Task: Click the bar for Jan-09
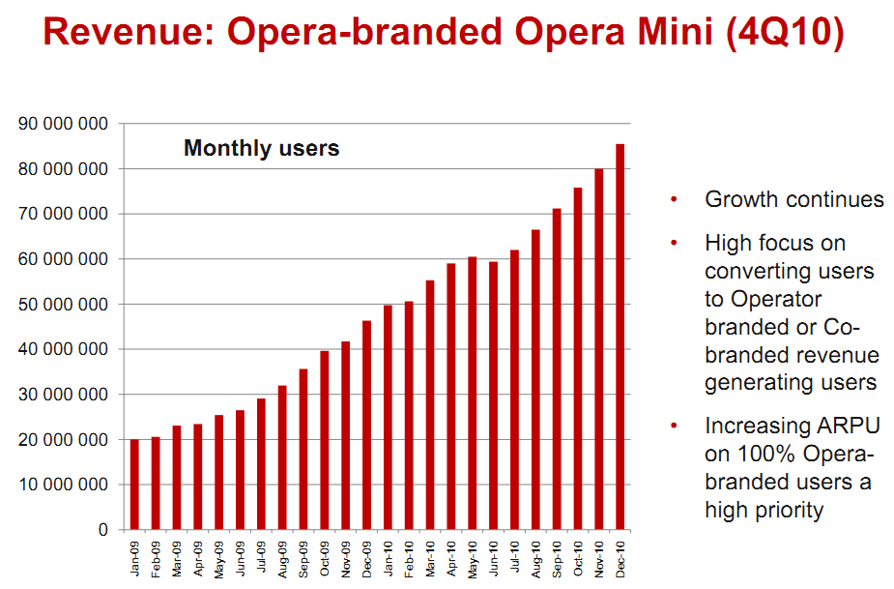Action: tap(134, 485)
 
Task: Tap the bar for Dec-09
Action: tap(366, 426)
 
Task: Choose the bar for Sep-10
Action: tap(557, 368)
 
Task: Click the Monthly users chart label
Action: tap(261, 149)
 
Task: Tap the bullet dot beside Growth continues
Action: tap(674, 200)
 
